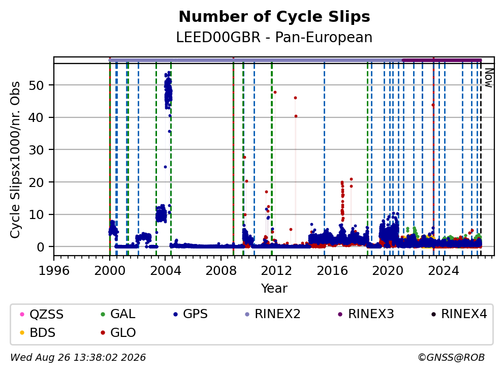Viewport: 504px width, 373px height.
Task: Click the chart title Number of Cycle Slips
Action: pos(274,17)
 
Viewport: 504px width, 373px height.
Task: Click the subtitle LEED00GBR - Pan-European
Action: pos(274,37)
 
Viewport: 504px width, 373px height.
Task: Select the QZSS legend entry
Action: pos(42,314)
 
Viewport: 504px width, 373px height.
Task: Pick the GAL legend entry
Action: pos(118,314)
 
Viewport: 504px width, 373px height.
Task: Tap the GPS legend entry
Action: pos(191,314)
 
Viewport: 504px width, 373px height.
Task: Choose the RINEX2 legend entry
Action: pos(272,314)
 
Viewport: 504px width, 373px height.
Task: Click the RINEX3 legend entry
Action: pos(366,314)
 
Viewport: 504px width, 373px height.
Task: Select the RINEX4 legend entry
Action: pos(459,314)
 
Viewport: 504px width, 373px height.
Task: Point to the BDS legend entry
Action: pos(38,333)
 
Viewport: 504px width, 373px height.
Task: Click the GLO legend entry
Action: pos(118,333)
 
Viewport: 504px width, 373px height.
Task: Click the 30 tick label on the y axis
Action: pos(37,150)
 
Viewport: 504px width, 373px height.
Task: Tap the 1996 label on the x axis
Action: pos(54,271)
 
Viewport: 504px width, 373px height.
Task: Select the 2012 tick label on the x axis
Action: pos(276,271)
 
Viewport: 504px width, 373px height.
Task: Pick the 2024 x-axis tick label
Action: pos(443,271)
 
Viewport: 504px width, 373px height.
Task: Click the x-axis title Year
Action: pos(274,289)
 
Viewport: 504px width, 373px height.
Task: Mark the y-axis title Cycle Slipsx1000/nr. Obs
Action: pos(15,160)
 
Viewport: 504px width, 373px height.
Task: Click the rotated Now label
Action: pos(489,78)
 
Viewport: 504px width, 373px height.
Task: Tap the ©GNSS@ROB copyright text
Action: pos(451,358)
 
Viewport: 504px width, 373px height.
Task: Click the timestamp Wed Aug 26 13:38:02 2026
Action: pos(78,358)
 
